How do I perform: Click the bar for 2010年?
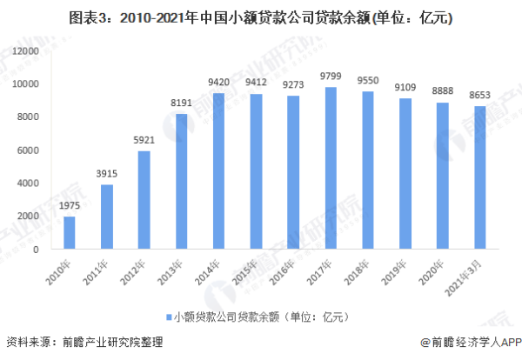coord(70,233)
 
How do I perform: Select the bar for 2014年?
coord(218,171)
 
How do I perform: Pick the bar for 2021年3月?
coord(479,177)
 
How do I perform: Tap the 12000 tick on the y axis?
coord(30,51)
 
